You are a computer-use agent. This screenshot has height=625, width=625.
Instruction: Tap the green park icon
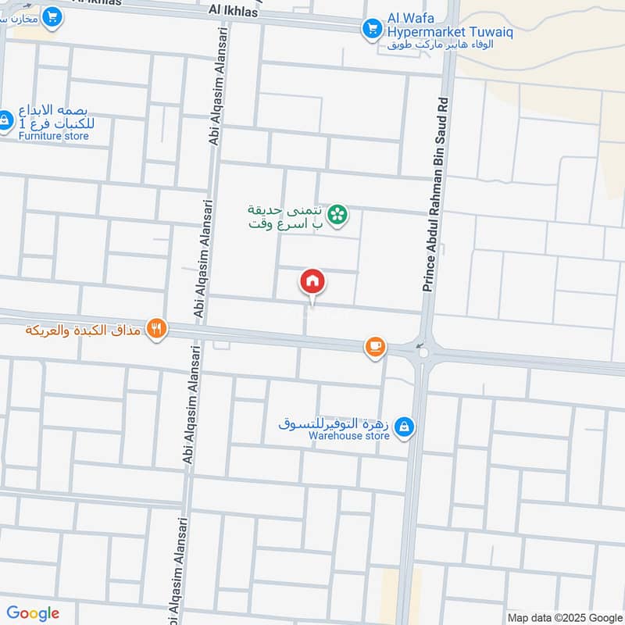pos(337,213)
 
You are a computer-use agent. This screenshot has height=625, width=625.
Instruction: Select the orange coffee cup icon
pos(375,347)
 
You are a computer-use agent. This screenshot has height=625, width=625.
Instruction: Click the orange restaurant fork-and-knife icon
pos(157,330)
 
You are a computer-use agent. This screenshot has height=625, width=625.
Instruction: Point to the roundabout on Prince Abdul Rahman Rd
pos(424,352)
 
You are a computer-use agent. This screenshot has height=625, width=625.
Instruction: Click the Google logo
pos(33,613)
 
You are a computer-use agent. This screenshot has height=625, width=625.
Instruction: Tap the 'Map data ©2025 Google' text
pos(563,616)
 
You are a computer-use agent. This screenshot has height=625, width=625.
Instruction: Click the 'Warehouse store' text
pos(348,436)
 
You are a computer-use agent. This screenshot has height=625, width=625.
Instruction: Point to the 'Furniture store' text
pos(54,136)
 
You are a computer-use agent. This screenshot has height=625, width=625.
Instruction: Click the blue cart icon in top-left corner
pos(52,16)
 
